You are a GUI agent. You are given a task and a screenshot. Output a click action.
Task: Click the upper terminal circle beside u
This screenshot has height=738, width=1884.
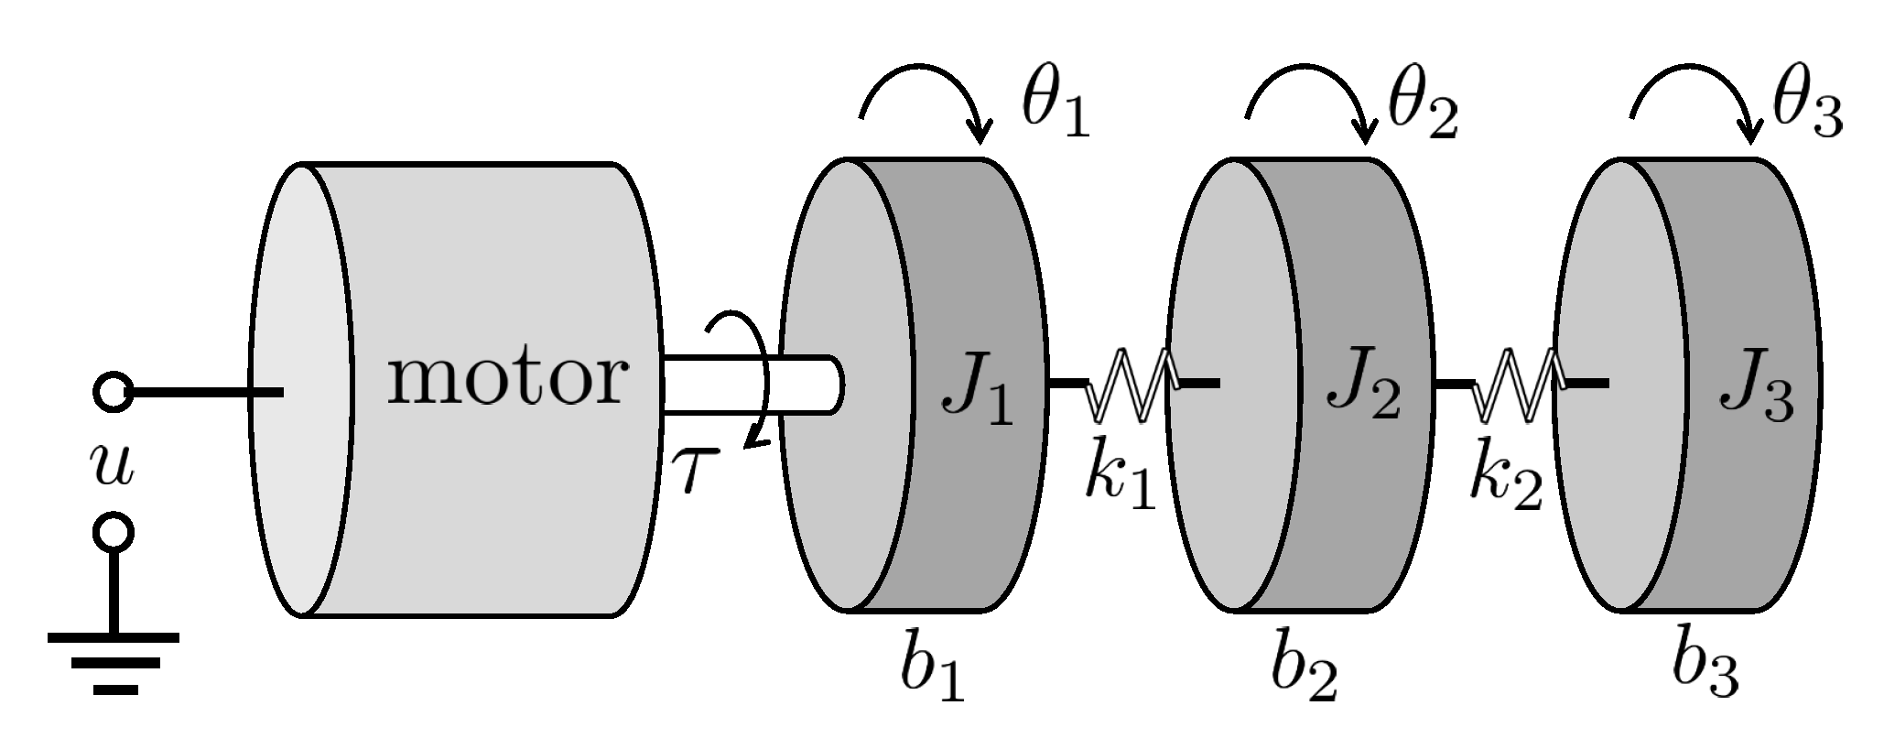tap(114, 393)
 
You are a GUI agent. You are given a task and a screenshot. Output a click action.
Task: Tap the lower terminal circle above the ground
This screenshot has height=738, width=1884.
tap(114, 532)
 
